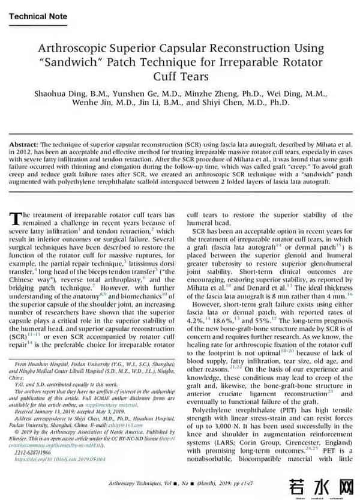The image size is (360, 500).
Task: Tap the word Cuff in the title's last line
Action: tap(163, 76)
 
